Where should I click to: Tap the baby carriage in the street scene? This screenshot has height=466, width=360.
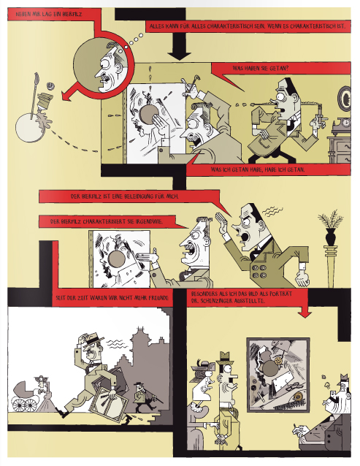click(26, 396)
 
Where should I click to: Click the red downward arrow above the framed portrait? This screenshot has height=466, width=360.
click(305, 311)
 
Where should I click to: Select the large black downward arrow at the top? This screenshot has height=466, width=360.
click(180, 45)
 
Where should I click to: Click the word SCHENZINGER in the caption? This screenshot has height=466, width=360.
click(217, 301)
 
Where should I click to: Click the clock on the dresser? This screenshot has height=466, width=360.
click(344, 122)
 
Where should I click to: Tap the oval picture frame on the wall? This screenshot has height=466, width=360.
click(345, 99)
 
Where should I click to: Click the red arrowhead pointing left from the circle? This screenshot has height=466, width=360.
click(66, 96)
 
